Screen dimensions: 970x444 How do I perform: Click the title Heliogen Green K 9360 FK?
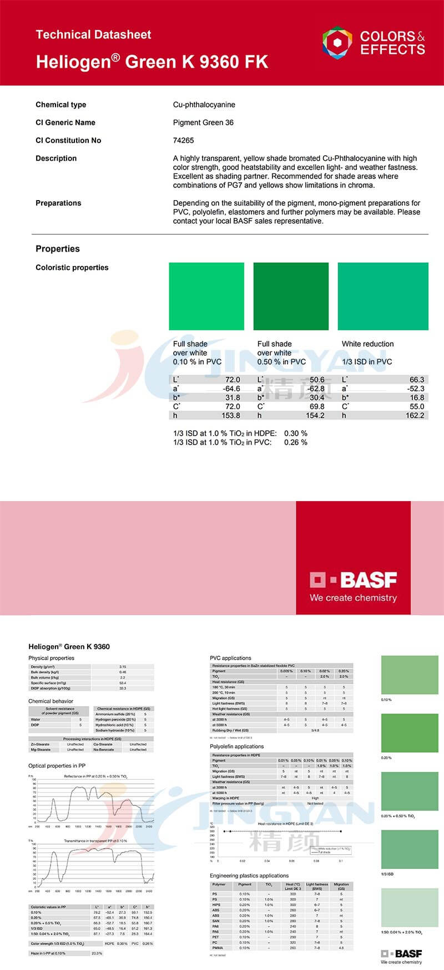tap(152, 62)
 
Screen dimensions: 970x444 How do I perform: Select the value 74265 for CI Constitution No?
tap(184, 140)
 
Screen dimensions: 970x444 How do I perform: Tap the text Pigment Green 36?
tap(203, 122)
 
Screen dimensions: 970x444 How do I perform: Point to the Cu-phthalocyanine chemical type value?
tap(204, 105)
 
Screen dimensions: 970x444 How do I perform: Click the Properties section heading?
tap(58, 249)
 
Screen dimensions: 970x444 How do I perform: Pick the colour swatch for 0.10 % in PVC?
tap(206, 297)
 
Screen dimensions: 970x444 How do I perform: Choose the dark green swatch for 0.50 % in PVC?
tap(291, 297)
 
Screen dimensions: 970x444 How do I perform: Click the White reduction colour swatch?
tap(383, 297)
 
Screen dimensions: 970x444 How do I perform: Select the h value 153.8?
tap(230, 415)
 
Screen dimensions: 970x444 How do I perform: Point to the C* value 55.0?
tap(416, 406)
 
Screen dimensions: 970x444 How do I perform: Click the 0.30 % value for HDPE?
tap(296, 433)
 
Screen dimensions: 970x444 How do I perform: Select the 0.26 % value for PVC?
tap(296, 442)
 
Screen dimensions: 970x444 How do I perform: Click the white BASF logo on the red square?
tap(354, 580)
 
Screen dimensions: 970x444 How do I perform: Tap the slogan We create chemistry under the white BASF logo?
tap(354, 598)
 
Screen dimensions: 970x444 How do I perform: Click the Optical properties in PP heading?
tap(57, 765)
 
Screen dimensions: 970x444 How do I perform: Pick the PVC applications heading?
tap(230, 658)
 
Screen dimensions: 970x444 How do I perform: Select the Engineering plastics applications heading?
tap(249, 876)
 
